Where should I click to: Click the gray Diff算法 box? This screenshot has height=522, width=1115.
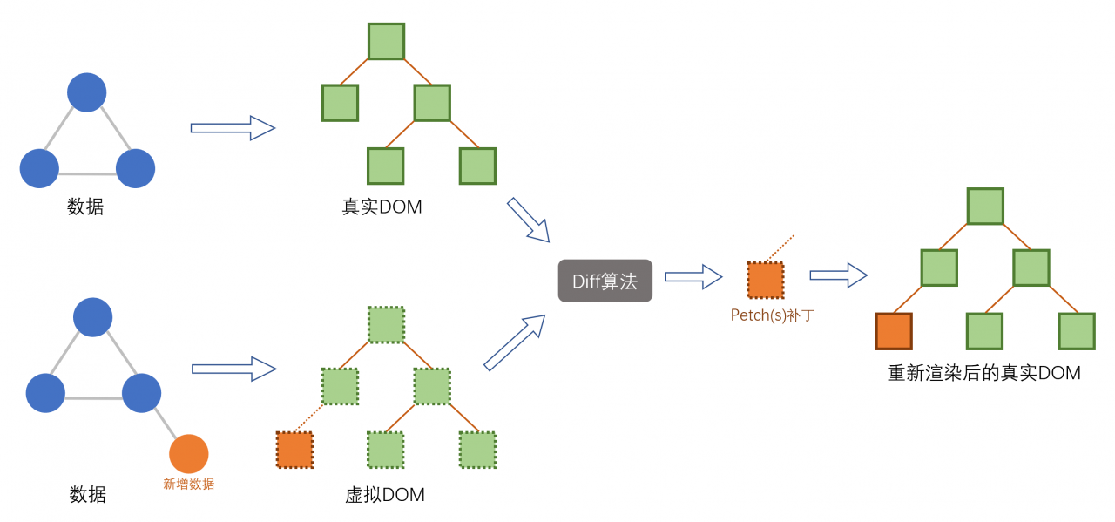(605, 281)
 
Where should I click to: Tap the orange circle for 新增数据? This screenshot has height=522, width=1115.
(189, 453)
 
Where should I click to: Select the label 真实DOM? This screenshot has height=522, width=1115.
(382, 207)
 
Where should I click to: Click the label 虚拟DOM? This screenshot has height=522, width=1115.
(385, 495)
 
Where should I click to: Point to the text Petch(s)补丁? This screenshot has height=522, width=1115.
(773, 315)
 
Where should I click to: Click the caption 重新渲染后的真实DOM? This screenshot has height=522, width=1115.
(984, 373)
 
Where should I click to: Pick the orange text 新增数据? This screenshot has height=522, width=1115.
(189, 485)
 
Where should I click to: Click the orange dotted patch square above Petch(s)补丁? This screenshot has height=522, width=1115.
(765, 280)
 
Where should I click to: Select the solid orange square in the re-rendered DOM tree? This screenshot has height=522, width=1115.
(894, 331)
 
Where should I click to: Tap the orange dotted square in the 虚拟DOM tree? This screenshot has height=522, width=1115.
(294, 450)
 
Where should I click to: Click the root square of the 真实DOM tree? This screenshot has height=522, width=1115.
(386, 41)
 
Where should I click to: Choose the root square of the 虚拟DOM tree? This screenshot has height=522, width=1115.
(386, 324)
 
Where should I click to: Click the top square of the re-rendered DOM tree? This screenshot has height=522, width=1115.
(985, 206)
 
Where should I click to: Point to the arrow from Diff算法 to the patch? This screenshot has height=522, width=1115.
(693, 277)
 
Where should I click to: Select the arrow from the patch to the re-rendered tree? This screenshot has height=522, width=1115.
(838, 275)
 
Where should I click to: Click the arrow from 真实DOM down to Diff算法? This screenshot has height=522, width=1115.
(529, 220)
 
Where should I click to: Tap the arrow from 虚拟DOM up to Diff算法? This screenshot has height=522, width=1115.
(515, 342)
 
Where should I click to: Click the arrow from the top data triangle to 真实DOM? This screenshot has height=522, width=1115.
(233, 128)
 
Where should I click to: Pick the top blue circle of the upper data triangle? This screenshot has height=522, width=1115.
(87, 92)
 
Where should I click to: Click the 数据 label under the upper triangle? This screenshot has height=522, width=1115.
(85, 207)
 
